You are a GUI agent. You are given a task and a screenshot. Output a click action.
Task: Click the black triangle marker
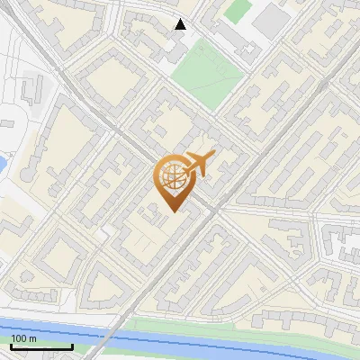[x=181, y=24]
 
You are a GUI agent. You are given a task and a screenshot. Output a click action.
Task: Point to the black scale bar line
[x=41, y=346]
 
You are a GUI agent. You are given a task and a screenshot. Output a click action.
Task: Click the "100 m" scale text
[x=23, y=338]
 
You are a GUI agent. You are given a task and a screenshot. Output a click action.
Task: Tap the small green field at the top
[x=237, y=11]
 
